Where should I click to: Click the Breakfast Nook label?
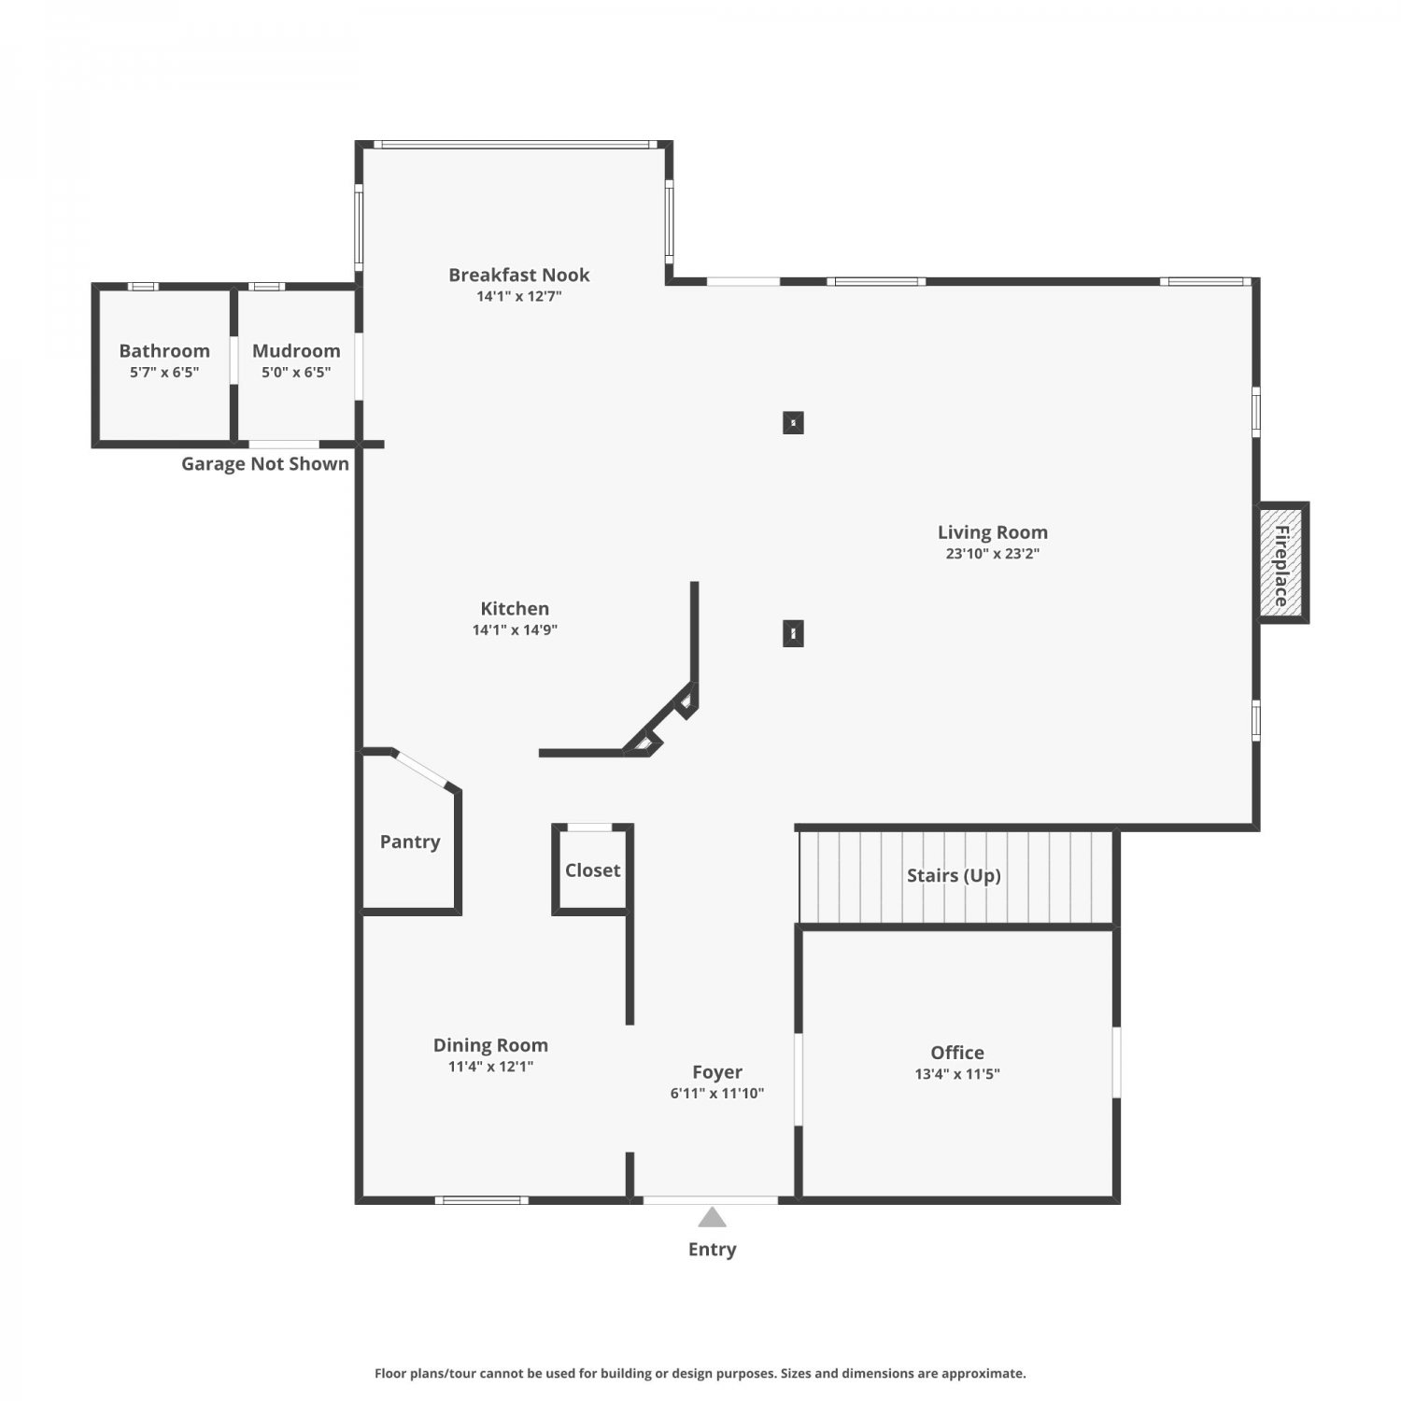[x=519, y=275]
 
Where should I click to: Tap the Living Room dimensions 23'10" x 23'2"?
[x=993, y=553]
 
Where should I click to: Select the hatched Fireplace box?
[x=1281, y=562]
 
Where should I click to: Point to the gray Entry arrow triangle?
[x=712, y=1217]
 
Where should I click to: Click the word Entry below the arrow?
[x=712, y=1250]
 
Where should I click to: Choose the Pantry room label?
[x=410, y=842]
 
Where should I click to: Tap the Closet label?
[x=592, y=870]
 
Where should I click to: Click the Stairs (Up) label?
[x=954, y=875]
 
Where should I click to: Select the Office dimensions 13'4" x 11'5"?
[x=957, y=1074]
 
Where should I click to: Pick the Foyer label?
[x=717, y=1072]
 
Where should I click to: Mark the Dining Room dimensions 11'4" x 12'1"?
[x=490, y=1067]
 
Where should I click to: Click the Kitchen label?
[x=515, y=608]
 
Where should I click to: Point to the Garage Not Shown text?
[x=265, y=463]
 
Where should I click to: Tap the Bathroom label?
[x=164, y=350]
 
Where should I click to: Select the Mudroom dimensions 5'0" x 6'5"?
[x=296, y=373]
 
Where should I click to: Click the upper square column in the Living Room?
[x=793, y=422]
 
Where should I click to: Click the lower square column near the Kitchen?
[x=793, y=633]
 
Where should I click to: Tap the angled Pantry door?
[x=420, y=769]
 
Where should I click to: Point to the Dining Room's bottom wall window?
[x=482, y=1200]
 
